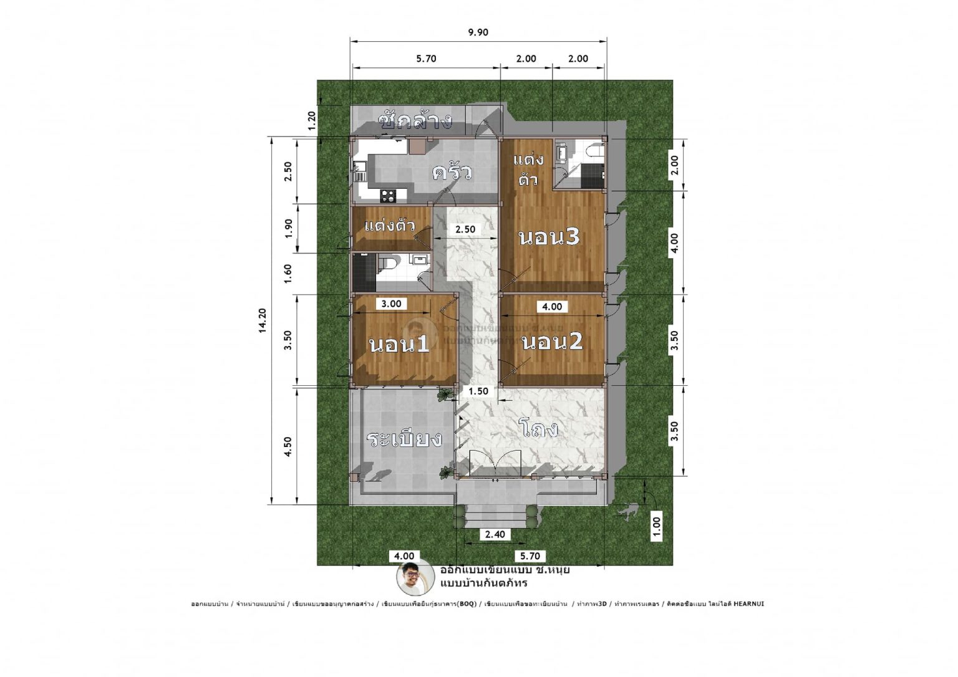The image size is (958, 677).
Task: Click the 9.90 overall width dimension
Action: click(478, 32)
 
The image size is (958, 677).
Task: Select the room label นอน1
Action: click(399, 344)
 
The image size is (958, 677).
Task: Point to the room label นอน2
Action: click(552, 342)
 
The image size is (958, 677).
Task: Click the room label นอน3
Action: click(549, 237)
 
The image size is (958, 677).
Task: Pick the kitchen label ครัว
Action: click(452, 172)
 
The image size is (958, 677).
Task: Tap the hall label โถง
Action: click(541, 429)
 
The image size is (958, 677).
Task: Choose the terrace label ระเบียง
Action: click(404, 439)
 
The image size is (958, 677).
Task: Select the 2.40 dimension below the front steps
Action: click(495, 534)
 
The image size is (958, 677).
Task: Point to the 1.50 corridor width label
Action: click(478, 391)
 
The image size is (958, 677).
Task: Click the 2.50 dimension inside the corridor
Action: click(465, 229)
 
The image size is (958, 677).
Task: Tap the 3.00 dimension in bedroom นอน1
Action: click(391, 304)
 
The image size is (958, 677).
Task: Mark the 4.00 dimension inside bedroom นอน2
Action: click(552, 307)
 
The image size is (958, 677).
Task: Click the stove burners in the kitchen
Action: click(388, 195)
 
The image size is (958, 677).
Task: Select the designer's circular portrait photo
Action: click(414, 577)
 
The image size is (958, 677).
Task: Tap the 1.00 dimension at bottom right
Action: click(656, 527)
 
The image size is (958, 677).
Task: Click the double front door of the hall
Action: click(496, 466)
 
